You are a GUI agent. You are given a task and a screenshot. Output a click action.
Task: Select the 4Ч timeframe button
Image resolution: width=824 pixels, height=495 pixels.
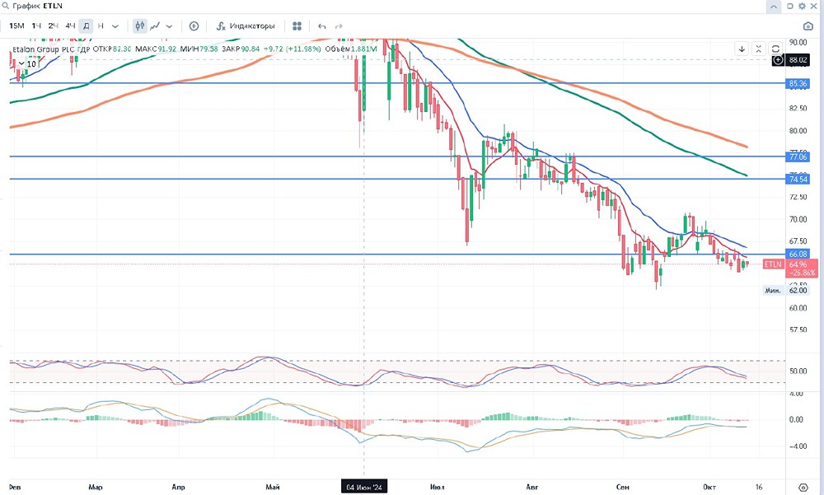click(x=70, y=26)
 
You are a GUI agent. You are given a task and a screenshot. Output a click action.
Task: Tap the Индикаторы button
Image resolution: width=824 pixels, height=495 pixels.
click(x=246, y=26)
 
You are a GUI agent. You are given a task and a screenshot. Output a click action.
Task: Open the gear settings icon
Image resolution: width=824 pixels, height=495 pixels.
click(x=803, y=486)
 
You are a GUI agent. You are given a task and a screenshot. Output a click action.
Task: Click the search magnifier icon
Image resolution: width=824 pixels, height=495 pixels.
click(x=6, y=6)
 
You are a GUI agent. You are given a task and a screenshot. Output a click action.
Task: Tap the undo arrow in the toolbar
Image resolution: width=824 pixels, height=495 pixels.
click(x=321, y=26)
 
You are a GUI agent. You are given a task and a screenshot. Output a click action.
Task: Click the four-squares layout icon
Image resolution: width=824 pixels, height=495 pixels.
click(x=297, y=26)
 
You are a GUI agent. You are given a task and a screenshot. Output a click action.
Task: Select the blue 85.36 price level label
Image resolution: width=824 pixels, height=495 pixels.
click(x=798, y=83)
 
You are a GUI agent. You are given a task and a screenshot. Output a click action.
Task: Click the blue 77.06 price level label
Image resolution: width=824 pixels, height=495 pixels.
click(x=798, y=156)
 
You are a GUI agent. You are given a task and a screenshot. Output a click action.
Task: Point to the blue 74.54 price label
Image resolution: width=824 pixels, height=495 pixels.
click(x=798, y=179)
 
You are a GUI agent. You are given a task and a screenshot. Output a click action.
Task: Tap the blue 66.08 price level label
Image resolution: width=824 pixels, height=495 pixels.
click(x=798, y=255)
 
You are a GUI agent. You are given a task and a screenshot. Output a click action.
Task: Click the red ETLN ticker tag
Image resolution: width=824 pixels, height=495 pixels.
click(x=772, y=264)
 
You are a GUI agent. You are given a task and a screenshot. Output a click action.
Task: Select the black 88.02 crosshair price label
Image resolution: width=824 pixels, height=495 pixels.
click(x=798, y=60)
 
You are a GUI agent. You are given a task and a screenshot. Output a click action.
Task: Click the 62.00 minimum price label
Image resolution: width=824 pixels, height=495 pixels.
click(x=798, y=290)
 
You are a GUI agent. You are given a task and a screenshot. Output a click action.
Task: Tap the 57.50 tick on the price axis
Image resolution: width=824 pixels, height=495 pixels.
click(x=798, y=329)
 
